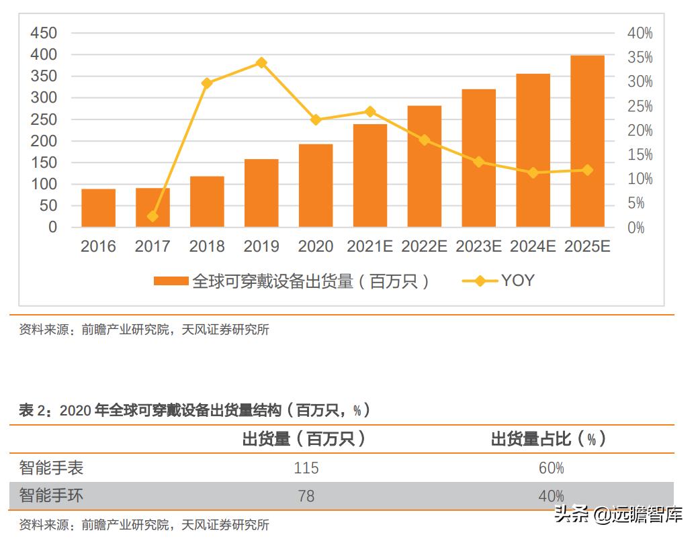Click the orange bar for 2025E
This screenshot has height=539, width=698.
[x=587, y=141]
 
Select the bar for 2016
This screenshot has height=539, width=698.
[x=98, y=208]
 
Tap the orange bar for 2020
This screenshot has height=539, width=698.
[x=316, y=185]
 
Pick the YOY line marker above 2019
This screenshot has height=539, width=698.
[x=261, y=63]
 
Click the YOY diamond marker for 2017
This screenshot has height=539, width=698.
[x=152, y=216]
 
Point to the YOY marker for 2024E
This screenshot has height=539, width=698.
[x=533, y=173]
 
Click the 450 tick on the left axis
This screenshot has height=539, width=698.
[x=44, y=33]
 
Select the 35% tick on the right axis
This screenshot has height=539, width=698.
[x=640, y=58]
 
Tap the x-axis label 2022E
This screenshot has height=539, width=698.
[x=424, y=246]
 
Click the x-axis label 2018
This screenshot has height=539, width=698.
[x=207, y=246]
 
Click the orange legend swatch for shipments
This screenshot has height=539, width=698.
[x=171, y=281]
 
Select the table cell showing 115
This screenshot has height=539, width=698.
[x=306, y=468]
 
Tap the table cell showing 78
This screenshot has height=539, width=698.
[x=306, y=497]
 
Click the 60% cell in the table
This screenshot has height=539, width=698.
[x=551, y=468]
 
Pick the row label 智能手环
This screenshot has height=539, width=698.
[x=51, y=496]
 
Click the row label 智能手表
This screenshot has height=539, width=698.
[x=51, y=467]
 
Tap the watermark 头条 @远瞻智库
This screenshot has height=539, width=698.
[x=618, y=515]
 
